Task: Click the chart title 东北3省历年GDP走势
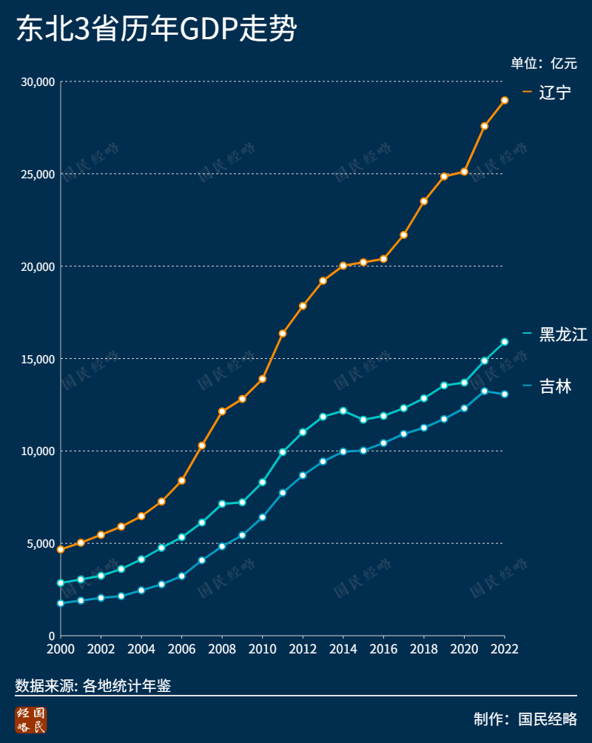pyautogui.click(x=156, y=30)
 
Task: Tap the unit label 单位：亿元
pyautogui.click(x=543, y=63)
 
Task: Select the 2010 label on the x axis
pyautogui.click(x=263, y=649)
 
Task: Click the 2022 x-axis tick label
pyautogui.click(x=504, y=649)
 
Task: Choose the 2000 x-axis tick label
pyautogui.click(x=61, y=649)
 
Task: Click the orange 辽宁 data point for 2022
pyautogui.click(x=505, y=100)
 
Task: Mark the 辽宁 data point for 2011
pyautogui.click(x=283, y=334)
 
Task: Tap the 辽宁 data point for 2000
pyautogui.click(x=61, y=550)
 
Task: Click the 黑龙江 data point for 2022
pyautogui.click(x=505, y=342)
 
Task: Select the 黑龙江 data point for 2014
pyautogui.click(x=343, y=411)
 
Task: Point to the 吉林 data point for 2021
pyautogui.click(x=485, y=391)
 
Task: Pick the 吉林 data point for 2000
pyautogui.click(x=61, y=603)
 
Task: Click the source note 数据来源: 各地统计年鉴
pyautogui.click(x=93, y=686)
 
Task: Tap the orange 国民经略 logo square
pyautogui.click(x=31, y=720)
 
